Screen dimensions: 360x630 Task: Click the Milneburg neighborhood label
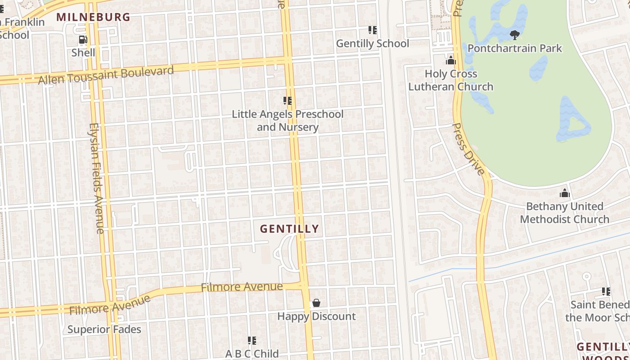pos(93,17)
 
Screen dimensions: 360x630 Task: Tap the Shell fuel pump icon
pos(83,40)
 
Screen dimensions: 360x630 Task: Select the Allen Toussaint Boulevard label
pos(106,75)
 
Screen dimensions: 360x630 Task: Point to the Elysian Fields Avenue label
pos(97,178)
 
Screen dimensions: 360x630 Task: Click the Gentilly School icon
pos(373,30)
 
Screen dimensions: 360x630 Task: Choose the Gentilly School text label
pos(373,44)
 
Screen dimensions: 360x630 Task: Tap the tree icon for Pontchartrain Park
pos(514,35)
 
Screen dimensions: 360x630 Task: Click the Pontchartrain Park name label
pos(514,48)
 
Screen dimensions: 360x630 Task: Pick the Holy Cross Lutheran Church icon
pos(450,60)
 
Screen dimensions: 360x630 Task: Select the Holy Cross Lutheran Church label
pos(450,80)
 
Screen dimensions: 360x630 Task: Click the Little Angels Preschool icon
pos(288,101)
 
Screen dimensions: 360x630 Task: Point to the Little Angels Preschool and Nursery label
pos(288,121)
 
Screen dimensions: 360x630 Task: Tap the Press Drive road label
pos(468,149)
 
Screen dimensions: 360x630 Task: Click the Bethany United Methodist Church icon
pos(564,193)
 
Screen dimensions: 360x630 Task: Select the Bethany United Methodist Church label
pos(564,213)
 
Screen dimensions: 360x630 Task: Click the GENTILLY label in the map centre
pos(289,229)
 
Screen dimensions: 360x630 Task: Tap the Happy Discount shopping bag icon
pos(316,303)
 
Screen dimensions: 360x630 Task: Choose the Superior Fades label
pos(104,329)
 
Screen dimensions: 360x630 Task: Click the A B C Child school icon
pos(252,341)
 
